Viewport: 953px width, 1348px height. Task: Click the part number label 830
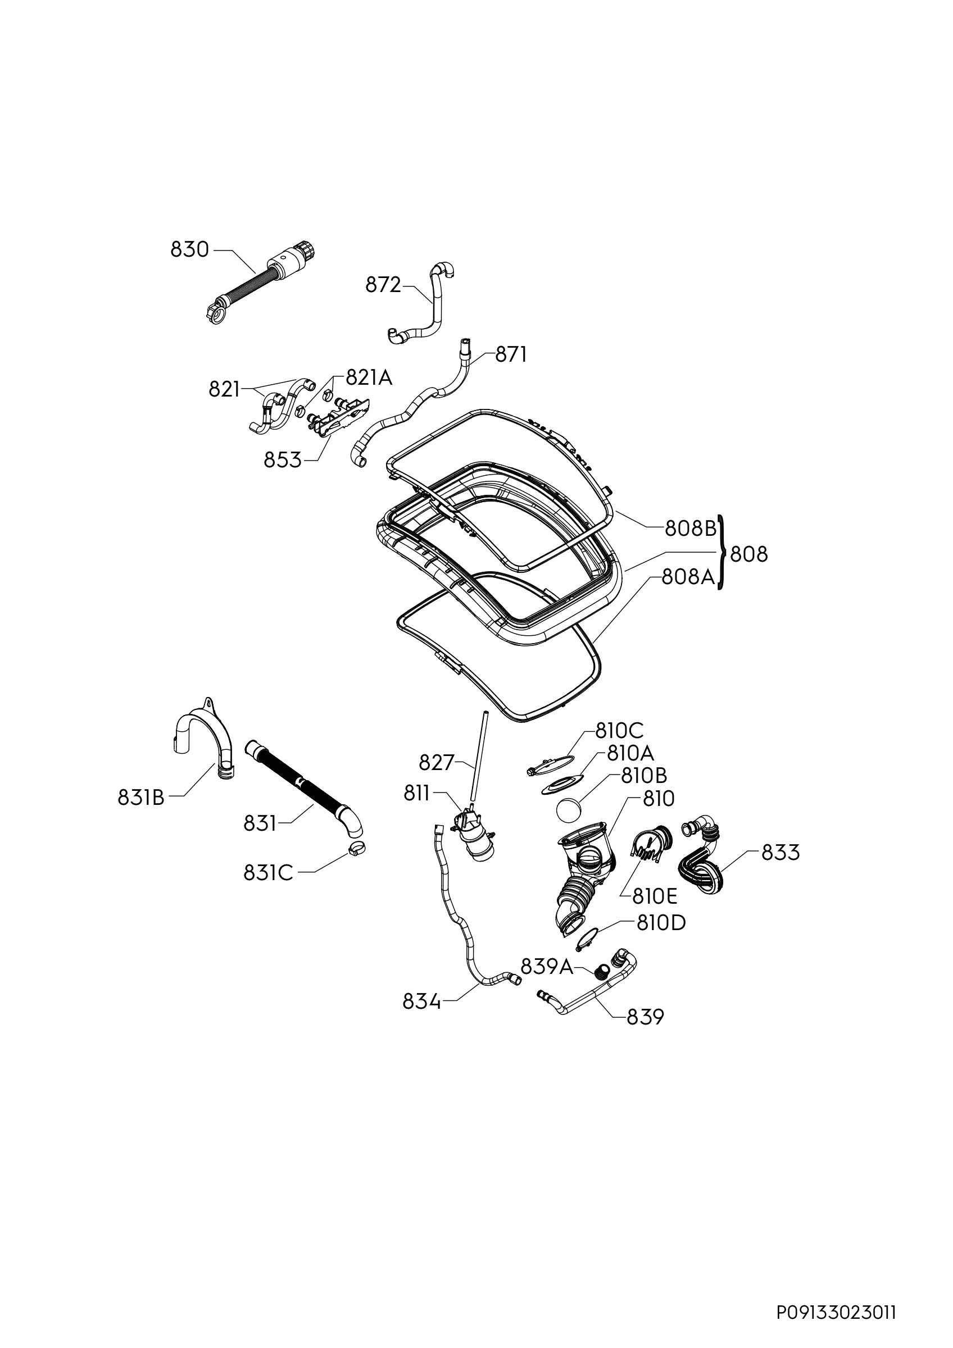click(x=190, y=250)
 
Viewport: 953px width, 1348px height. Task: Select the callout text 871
click(x=511, y=354)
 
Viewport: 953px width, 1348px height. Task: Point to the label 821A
click(x=369, y=377)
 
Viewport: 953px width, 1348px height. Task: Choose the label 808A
click(x=688, y=577)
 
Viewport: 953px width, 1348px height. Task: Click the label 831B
click(x=142, y=796)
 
